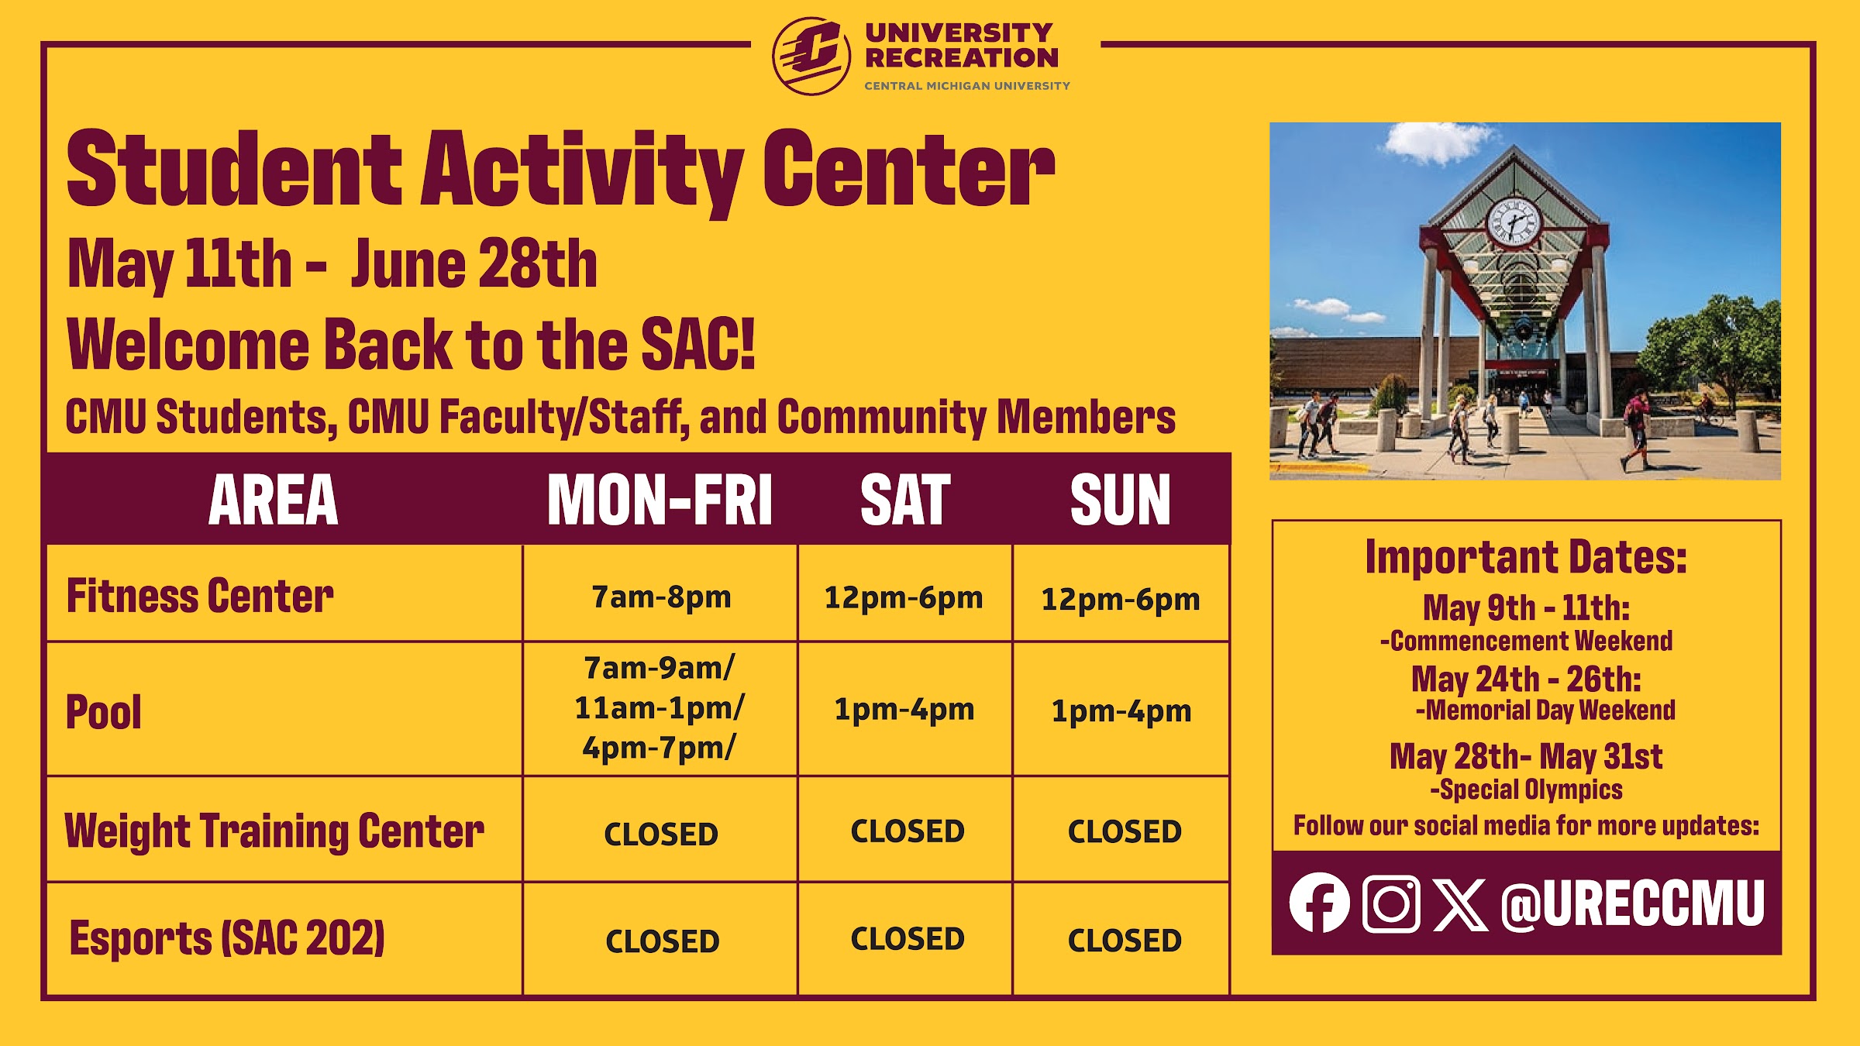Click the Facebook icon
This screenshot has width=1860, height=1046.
(x=1319, y=903)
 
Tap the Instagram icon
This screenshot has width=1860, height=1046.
(x=1391, y=903)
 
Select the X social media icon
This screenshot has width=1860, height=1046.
(x=1460, y=904)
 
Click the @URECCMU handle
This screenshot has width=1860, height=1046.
(x=1633, y=903)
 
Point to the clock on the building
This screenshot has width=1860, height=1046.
(x=1514, y=222)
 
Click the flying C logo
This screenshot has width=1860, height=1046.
(x=811, y=56)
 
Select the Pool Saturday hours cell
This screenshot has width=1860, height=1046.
(x=904, y=710)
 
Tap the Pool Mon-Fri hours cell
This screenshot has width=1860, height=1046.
(x=660, y=708)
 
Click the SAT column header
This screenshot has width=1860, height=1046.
(x=905, y=501)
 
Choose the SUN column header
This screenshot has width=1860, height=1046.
(x=1121, y=501)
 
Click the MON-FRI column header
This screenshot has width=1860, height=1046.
(x=660, y=501)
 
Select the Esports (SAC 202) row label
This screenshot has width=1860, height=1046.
(x=227, y=938)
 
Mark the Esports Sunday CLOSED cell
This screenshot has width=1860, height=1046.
(x=1125, y=941)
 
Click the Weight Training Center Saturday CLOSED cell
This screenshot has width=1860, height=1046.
(x=908, y=831)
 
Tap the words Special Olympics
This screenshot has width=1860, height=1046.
(x=1531, y=790)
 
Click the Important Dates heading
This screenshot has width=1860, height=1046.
(x=1526, y=557)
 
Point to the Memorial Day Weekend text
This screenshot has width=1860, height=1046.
(x=1550, y=710)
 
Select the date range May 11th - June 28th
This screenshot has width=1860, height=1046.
(x=332, y=265)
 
